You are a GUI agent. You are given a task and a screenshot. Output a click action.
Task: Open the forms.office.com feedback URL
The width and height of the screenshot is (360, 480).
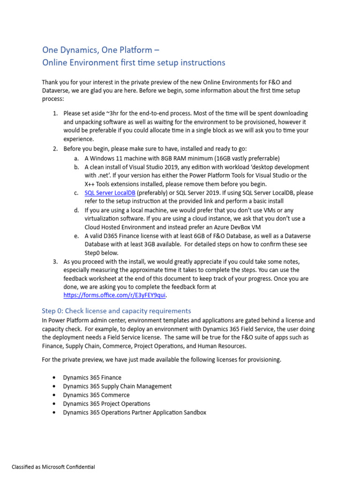pyautogui.click(x=115, y=295)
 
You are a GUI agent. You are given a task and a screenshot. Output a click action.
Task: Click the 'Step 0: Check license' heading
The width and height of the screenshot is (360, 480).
pyautogui.click(x=116, y=311)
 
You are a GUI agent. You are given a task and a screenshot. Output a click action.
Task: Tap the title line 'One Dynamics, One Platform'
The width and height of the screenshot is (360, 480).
pyautogui.click(x=103, y=50)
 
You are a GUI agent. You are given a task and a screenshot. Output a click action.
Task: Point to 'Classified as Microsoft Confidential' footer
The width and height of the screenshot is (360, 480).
pyautogui.click(x=53, y=467)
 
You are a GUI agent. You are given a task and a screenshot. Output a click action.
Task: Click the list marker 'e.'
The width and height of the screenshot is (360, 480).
pyautogui.click(x=76, y=236)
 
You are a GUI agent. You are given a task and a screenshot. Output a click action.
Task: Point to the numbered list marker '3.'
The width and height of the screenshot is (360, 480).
pyautogui.click(x=55, y=261)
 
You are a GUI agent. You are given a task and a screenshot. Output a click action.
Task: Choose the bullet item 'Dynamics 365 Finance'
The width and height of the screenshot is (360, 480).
pyautogui.click(x=92, y=377)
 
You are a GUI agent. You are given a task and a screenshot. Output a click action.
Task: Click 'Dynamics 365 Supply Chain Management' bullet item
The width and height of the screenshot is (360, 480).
pyautogui.click(x=117, y=386)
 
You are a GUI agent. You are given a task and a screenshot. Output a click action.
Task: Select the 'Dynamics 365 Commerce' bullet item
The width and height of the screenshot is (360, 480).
pyautogui.click(x=96, y=395)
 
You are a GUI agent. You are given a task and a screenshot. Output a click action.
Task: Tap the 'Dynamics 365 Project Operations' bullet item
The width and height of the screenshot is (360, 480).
pyautogui.click(x=106, y=404)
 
